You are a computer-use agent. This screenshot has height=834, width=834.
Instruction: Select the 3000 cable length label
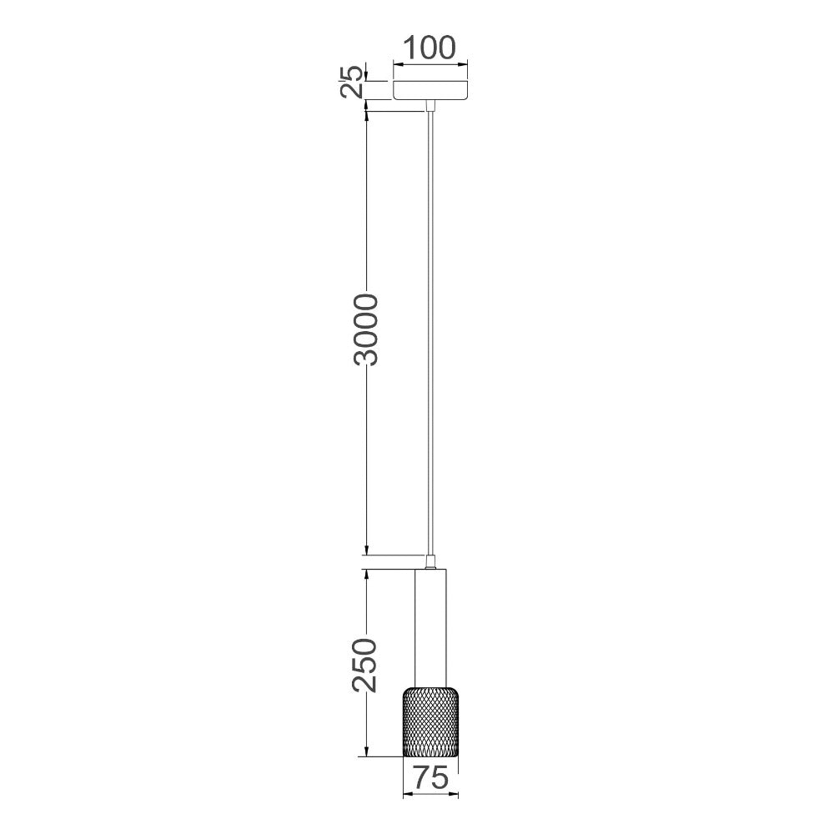[x=366, y=329]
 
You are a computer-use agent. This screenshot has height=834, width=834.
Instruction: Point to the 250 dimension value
[x=366, y=665]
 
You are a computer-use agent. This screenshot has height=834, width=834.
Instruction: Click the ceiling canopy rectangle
[x=430, y=90]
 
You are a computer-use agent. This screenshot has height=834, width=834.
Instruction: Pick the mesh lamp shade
[x=430, y=722]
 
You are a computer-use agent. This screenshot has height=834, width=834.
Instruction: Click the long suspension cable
[x=430, y=334]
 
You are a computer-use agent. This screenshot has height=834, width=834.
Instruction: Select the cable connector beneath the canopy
[x=430, y=106]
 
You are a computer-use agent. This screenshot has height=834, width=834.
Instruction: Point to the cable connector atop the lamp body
[x=430, y=561]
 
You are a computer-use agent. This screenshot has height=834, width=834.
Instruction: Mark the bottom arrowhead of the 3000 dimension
[x=366, y=549]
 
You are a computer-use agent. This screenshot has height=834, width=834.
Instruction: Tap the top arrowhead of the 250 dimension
[x=366, y=575]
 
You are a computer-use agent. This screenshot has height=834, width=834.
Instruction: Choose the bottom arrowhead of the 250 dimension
[x=366, y=751]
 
